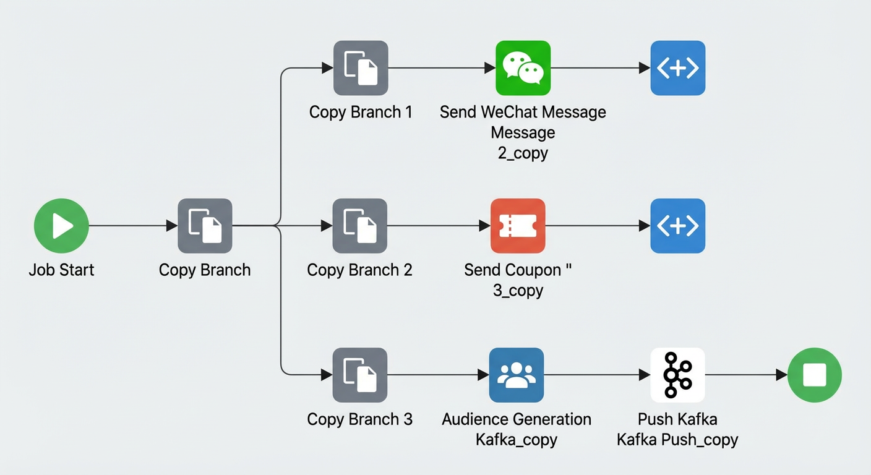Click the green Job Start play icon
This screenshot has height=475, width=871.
click(x=61, y=226)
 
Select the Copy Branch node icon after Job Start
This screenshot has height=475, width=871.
click(x=205, y=226)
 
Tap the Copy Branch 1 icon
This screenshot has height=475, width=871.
click(x=361, y=68)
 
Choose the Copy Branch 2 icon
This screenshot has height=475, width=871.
click(x=359, y=226)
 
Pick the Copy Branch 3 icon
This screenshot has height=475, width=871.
click(x=359, y=375)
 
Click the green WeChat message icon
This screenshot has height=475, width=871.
click(x=523, y=68)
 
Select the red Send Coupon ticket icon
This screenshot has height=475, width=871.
click(x=518, y=226)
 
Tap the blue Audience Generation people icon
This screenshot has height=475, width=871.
click(x=517, y=375)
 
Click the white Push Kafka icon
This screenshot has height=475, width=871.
click(x=678, y=375)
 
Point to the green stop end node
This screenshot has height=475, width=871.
click(x=815, y=375)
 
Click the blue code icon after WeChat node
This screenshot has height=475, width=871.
click(x=678, y=68)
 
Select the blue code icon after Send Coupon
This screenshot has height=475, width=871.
click(x=678, y=226)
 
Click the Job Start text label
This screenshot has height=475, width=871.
click(x=61, y=270)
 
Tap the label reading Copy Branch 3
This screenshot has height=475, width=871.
click(x=359, y=419)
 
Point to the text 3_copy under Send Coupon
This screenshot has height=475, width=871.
click(x=518, y=290)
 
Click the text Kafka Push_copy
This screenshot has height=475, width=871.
click(x=677, y=440)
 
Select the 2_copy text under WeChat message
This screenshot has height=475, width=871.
click(x=523, y=153)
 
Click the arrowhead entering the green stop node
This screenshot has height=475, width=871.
click(x=782, y=375)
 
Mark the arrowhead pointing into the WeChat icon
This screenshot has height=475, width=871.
click(x=490, y=68)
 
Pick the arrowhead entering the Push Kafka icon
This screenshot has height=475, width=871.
click(x=645, y=375)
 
